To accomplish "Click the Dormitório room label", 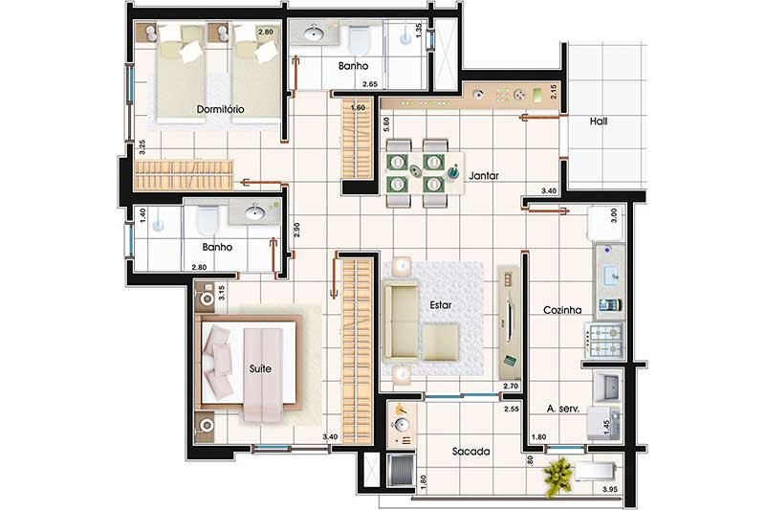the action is pyautogui.click(x=220, y=109).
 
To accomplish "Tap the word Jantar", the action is pyautogui.click(x=484, y=175).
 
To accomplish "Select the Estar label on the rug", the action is pyautogui.click(x=440, y=305).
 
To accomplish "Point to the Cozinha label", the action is pyautogui.click(x=562, y=310).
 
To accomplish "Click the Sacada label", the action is pyautogui.click(x=470, y=452).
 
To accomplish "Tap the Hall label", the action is pyautogui.click(x=599, y=121).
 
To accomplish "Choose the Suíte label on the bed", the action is pyautogui.click(x=260, y=368).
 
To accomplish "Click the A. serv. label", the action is pyautogui.click(x=563, y=409).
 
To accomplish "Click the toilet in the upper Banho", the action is pyautogui.click(x=361, y=39).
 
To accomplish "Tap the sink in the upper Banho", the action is pyautogui.click(x=314, y=33).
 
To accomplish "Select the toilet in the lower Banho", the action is pyautogui.click(x=206, y=220).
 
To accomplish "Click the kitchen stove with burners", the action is pyautogui.click(x=604, y=342).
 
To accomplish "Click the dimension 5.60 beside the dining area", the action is pyautogui.click(x=386, y=125).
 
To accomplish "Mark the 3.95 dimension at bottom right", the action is pyautogui.click(x=610, y=489).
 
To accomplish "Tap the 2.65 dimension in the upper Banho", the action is pyautogui.click(x=369, y=84).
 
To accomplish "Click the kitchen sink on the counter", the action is pyautogui.click(x=610, y=276).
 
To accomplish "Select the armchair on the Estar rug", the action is pyautogui.click(x=440, y=342).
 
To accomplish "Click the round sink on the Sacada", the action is pyautogui.click(x=402, y=425).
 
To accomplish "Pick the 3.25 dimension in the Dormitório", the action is pyautogui.click(x=142, y=147).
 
